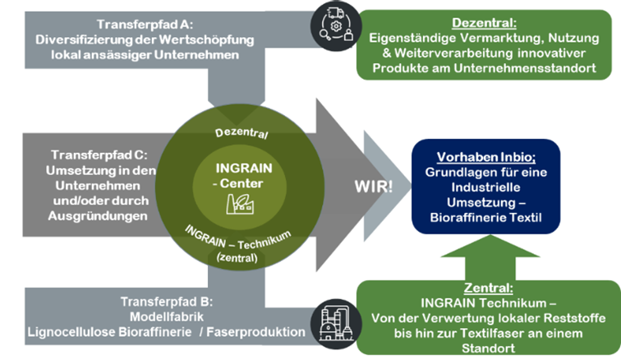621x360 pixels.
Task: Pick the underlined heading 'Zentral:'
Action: click(x=488, y=288)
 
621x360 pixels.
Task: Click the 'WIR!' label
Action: click(x=373, y=186)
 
